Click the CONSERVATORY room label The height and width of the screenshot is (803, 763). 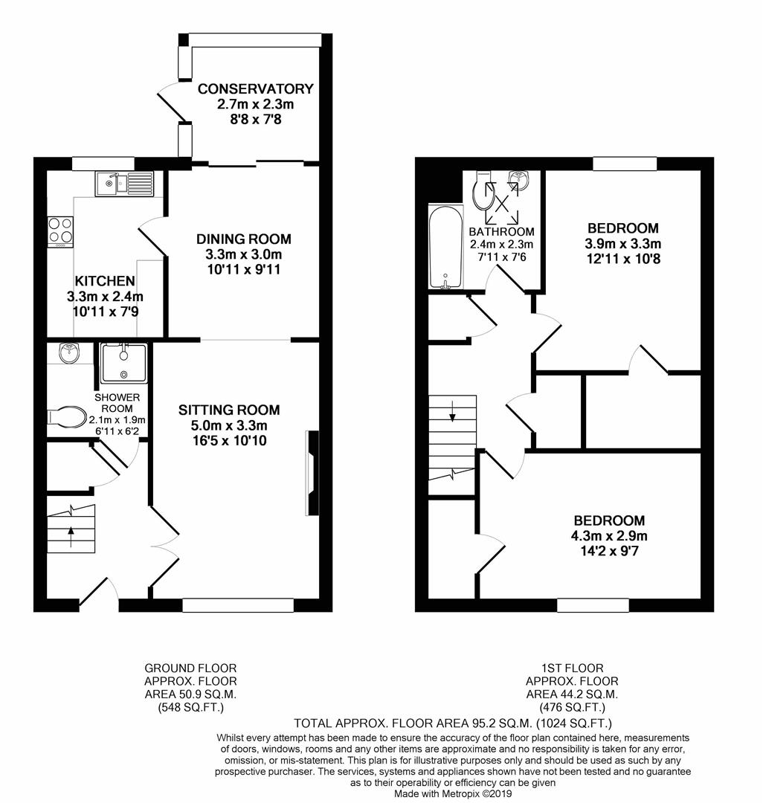255,89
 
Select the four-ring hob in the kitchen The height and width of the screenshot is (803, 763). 60,230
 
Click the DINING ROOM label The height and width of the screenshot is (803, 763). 243,239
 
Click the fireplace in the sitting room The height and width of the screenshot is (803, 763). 312,474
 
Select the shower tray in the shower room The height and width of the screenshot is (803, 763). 123,362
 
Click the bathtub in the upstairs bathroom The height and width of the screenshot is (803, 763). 445,248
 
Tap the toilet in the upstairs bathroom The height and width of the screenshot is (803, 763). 482,195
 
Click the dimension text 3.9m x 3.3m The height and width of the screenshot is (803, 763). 623,244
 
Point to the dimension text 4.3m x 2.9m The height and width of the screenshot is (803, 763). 608,536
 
